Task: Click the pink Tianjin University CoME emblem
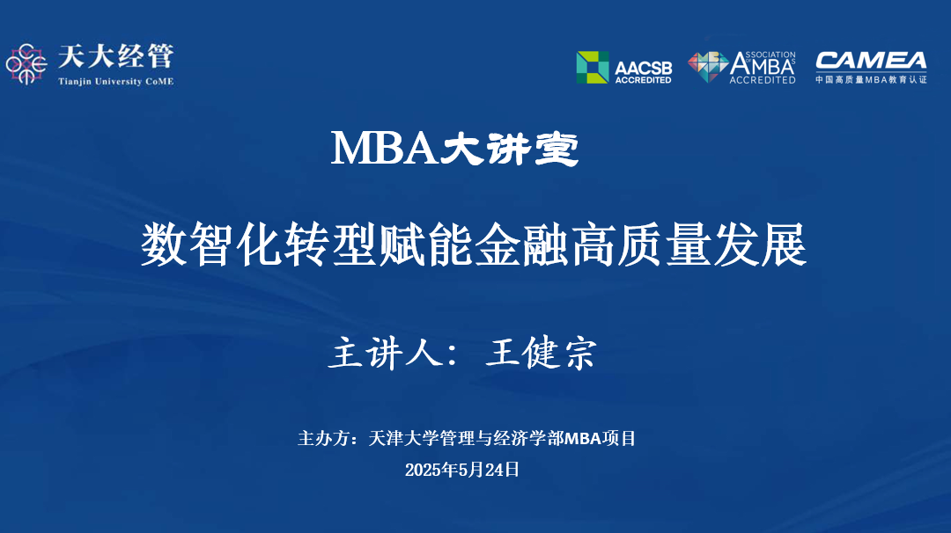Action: click(26, 63)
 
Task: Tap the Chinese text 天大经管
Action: click(114, 57)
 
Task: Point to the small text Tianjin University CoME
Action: click(114, 82)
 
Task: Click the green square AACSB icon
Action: click(593, 67)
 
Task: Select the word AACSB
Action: click(643, 66)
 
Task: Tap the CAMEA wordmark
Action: click(870, 61)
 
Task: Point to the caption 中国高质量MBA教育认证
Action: click(870, 80)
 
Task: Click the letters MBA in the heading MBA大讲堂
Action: click(385, 149)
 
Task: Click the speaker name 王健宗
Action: click(541, 353)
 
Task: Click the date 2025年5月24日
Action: click(462, 470)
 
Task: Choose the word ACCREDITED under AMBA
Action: click(763, 80)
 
